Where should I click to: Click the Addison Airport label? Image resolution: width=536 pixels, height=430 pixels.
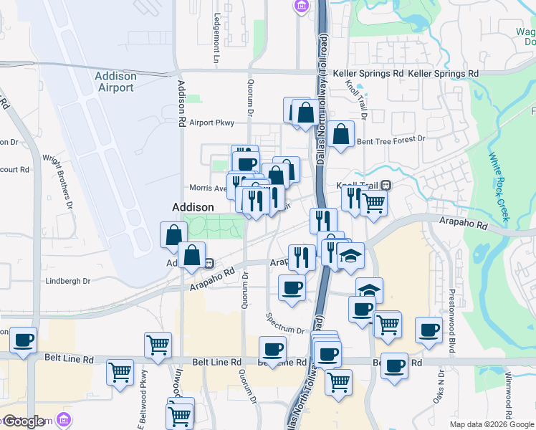[x=115, y=82]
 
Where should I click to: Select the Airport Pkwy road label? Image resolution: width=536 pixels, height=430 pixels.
[x=212, y=123]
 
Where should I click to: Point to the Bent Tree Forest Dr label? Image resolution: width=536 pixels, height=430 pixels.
[x=391, y=140]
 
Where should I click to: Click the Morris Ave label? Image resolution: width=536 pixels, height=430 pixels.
[x=208, y=188]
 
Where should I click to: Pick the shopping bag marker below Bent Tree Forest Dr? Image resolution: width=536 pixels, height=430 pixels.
[x=342, y=133]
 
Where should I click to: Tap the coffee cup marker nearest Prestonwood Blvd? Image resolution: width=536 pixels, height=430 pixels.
[x=429, y=330]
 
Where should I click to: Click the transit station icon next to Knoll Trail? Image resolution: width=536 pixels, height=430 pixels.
[x=386, y=184]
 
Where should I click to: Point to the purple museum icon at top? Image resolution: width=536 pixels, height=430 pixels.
[x=301, y=7]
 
